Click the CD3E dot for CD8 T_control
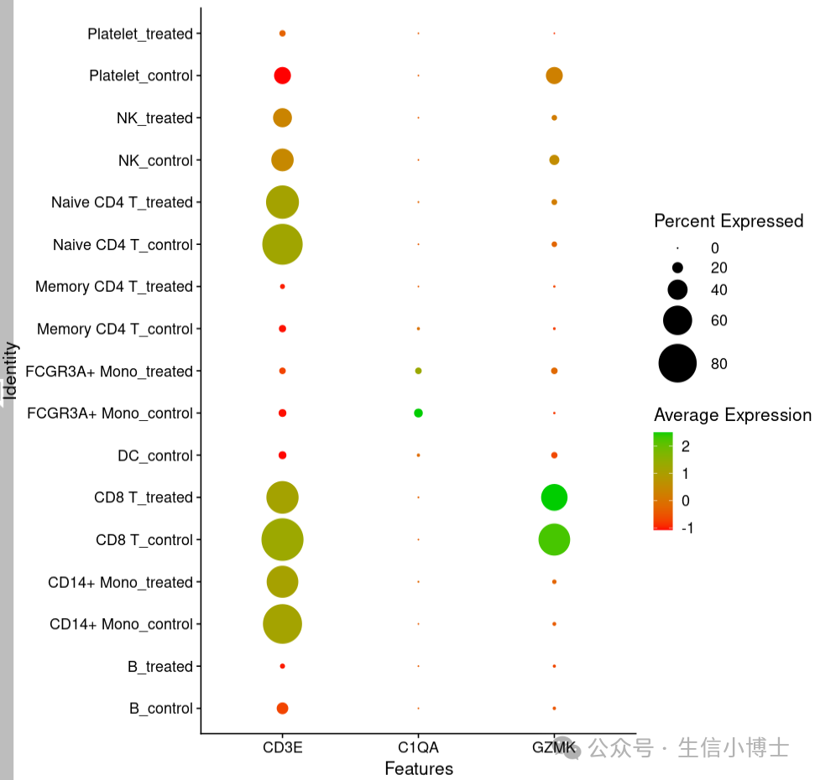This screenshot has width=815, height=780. tap(282, 540)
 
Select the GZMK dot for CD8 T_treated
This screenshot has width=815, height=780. tap(554, 497)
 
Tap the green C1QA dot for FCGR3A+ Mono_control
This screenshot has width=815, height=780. tap(418, 413)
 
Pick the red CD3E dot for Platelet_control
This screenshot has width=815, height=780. tap(282, 75)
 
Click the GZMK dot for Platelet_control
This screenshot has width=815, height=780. tap(554, 75)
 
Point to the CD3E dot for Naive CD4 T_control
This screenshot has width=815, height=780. tap(282, 245)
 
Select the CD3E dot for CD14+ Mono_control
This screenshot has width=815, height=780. tap(282, 624)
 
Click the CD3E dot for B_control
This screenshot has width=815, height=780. tap(282, 709)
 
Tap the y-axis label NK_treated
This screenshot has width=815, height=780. tap(154, 118)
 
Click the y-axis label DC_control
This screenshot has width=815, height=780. tap(155, 455)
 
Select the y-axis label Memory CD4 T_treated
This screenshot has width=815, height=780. tap(114, 287)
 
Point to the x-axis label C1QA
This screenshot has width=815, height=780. tap(418, 747)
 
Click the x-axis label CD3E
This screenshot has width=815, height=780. tap(282, 747)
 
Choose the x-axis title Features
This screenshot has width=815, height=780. tap(418, 768)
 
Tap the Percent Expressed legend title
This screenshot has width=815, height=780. tap(728, 221)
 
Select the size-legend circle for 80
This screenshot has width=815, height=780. tap(677, 363)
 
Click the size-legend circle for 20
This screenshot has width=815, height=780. tap(677, 268)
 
